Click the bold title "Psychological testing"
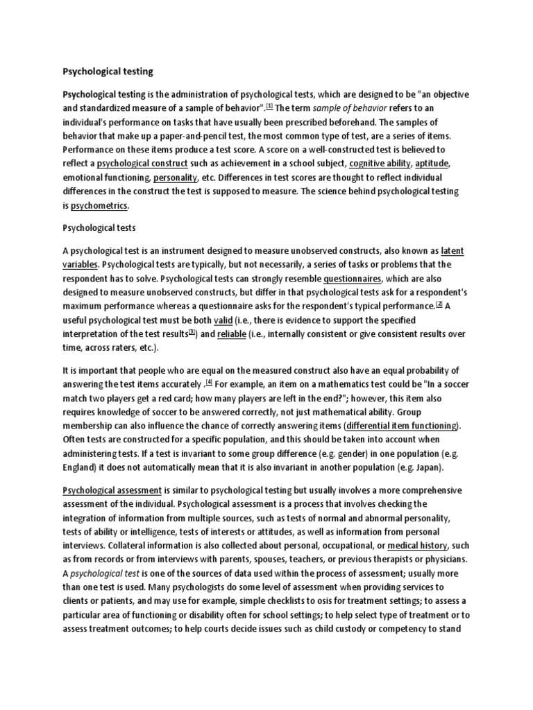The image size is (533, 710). click(x=108, y=71)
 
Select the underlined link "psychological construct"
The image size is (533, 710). click(x=142, y=163)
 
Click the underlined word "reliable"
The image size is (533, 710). click(x=232, y=334)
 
